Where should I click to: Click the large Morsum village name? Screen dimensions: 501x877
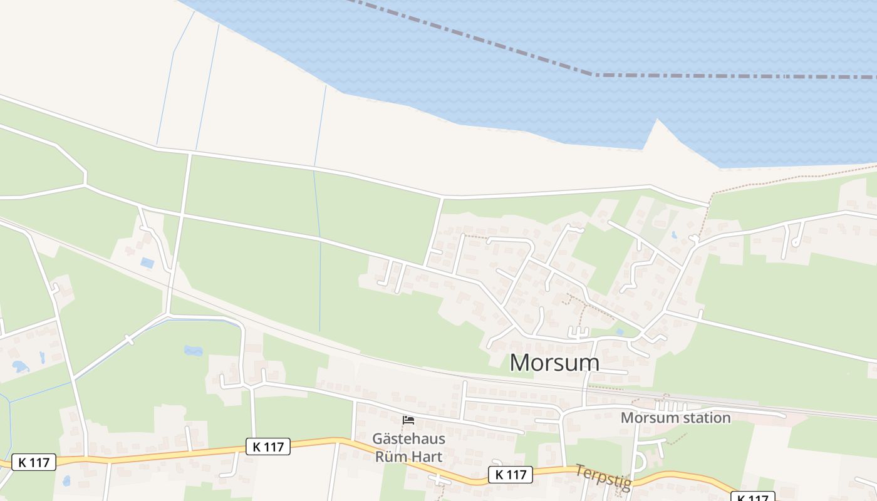tap(554, 363)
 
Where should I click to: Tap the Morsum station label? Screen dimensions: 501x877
tap(675, 418)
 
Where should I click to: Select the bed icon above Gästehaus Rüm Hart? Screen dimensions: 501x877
tap(408, 420)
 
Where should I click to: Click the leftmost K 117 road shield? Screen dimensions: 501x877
tap(34, 463)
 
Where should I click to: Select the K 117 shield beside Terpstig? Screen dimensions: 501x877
tap(511, 475)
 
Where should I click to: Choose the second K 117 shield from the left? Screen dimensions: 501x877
tap(268, 447)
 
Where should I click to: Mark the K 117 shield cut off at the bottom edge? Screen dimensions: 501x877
tap(752, 497)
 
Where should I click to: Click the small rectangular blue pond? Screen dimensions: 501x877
tap(148, 263)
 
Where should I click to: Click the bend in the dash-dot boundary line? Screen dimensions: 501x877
tap(593, 74)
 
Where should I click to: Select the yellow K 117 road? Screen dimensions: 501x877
tap(157, 454)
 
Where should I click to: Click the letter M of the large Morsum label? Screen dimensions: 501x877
tap(521, 363)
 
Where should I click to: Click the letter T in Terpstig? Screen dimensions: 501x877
tap(579, 469)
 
